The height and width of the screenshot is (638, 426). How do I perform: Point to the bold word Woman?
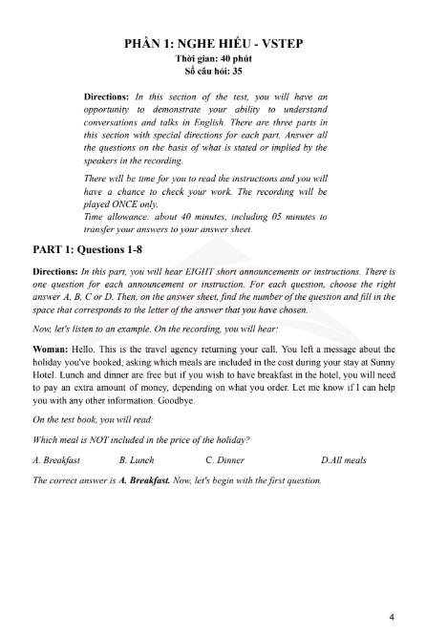pyautogui.click(x=55, y=350)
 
